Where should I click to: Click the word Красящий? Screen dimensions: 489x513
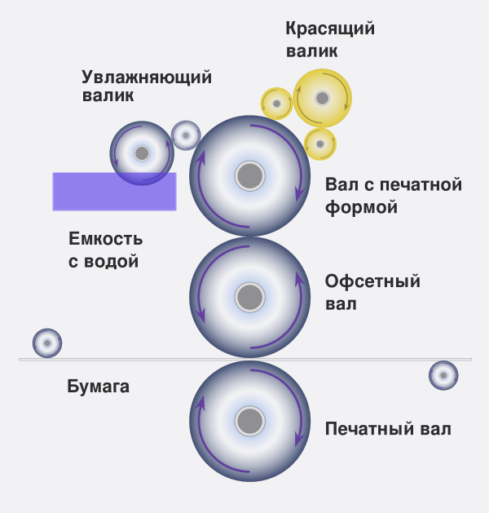click(x=330, y=29)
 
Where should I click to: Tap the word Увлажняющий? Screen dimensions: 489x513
click(x=147, y=77)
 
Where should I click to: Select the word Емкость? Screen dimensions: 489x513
click(x=106, y=238)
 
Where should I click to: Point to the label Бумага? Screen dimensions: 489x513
click(x=98, y=387)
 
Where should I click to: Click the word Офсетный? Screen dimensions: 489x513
click(x=372, y=281)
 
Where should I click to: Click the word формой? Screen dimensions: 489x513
click(x=361, y=207)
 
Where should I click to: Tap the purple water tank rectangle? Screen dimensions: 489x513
click(x=114, y=192)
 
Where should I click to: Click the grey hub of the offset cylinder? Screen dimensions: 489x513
click(x=249, y=298)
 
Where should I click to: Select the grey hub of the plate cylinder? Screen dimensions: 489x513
click(x=249, y=176)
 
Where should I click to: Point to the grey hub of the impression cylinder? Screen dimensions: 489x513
click(x=249, y=421)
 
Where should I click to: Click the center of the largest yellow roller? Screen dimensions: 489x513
click(x=322, y=98)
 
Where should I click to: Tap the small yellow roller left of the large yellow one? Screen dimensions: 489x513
click(x=276, y=104)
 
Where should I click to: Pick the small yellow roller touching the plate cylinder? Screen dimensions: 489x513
click(x=320, y=144)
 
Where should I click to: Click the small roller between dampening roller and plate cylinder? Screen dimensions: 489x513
click(x=186, y=135)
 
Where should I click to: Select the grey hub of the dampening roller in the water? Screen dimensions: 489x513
click(x=142, y=153)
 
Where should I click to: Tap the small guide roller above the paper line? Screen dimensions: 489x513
click(x=47, y=343)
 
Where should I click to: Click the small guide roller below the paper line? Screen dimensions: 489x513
click(x=443, y=375)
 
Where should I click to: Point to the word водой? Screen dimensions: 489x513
click(x=111, y=262)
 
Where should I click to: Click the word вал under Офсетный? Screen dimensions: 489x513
click(x=341, y=304)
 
